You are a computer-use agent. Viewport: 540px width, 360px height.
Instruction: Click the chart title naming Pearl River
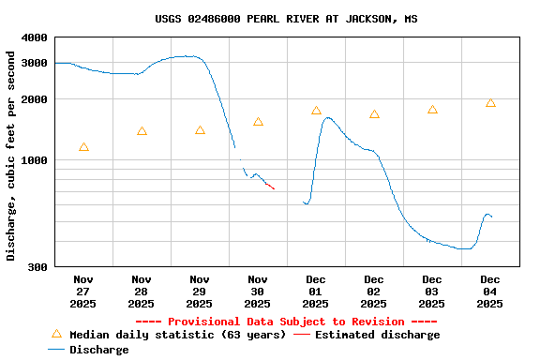[286, 19]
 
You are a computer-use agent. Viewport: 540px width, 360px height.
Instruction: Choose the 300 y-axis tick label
[37, 267]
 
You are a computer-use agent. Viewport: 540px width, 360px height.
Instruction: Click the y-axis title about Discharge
[11, 154]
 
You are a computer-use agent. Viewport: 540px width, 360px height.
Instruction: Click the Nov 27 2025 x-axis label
[83, 291]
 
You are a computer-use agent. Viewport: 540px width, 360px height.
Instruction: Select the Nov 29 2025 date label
[200, 291]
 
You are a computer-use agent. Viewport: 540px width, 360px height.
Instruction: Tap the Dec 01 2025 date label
[316, 291]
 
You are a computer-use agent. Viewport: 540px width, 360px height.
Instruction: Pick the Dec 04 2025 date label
[490, 291]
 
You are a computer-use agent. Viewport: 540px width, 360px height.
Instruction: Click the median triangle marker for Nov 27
[84, 147]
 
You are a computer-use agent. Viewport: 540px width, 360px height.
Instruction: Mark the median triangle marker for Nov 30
[258, 122]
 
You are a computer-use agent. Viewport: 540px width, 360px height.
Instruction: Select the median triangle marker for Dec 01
[316, 111]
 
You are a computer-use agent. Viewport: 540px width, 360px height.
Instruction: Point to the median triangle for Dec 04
[490, 103]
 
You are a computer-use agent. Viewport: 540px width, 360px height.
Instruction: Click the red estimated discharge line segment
[268, 186]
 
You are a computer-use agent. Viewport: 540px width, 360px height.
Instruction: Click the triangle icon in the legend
[56, 334]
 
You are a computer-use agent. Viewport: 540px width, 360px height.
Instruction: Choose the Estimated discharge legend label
[377, 335]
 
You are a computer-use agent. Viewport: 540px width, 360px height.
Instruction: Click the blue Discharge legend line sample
[56, 350]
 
